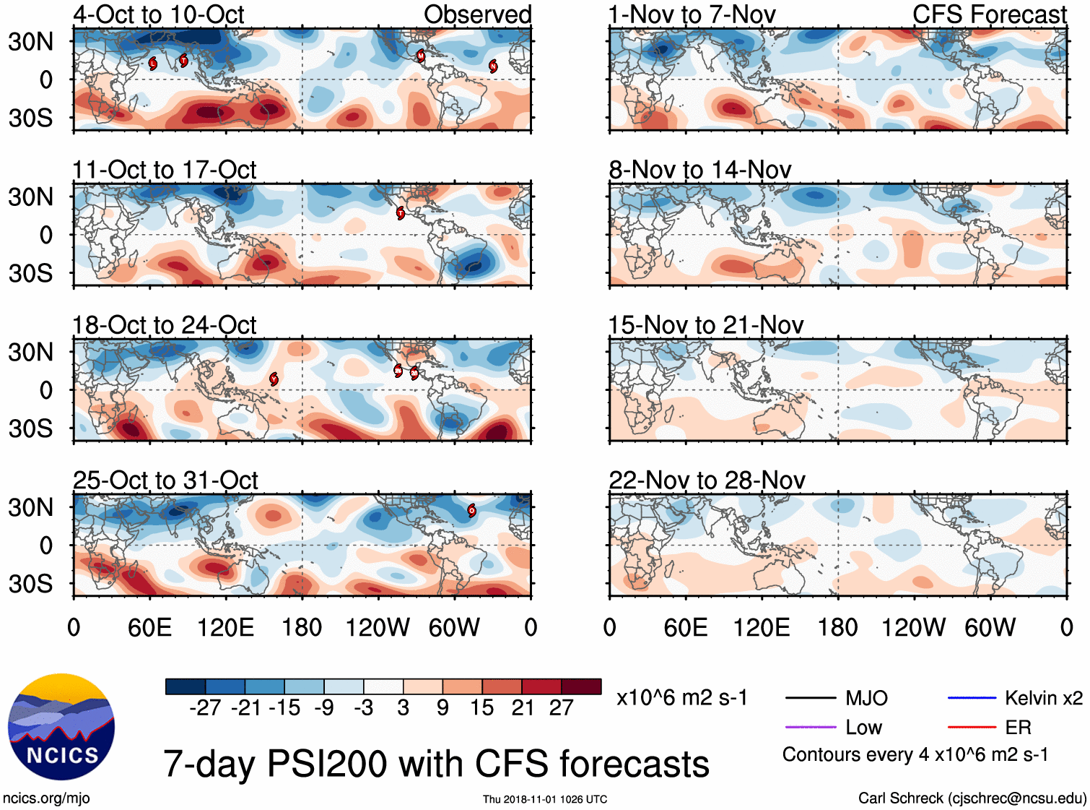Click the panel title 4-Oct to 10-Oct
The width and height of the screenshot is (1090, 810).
159,14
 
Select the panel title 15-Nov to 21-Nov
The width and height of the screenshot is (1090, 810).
706,325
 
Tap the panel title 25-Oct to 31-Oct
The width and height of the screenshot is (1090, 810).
165,480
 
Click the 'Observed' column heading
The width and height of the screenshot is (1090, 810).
477,14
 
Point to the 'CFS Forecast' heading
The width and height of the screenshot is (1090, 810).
989,14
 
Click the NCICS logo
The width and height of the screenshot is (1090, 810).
61,727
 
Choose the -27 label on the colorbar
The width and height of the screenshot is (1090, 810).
205,707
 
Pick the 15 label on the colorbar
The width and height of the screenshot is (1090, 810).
481,707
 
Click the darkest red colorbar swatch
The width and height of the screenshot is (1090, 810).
581,686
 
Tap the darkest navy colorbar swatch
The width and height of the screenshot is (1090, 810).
186,686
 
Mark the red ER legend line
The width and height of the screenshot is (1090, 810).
972,727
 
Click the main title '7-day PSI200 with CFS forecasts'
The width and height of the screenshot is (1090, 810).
436,764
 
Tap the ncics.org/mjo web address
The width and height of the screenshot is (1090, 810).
46,798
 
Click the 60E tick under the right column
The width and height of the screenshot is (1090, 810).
686,627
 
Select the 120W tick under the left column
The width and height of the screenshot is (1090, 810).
378,627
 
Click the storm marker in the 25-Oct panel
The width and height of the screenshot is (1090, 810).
471,510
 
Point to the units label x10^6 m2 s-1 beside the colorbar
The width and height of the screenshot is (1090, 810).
681,698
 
